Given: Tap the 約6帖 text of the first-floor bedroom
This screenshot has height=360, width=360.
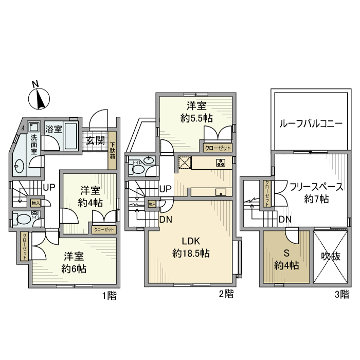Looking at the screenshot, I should click(74, 268).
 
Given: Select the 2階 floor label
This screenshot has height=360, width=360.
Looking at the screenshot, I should click(226, 294).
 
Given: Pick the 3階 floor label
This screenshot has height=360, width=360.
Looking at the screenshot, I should click(341, 294).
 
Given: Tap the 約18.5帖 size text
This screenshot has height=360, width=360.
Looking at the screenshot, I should click(190, 254).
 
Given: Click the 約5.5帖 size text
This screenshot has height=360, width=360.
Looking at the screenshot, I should click(197, 118).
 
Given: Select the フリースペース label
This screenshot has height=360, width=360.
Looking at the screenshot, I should click(316, 186).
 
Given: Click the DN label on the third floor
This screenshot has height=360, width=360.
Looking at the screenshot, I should click(285, 220).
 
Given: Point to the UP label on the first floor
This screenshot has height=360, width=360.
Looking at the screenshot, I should click(49, 187).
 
